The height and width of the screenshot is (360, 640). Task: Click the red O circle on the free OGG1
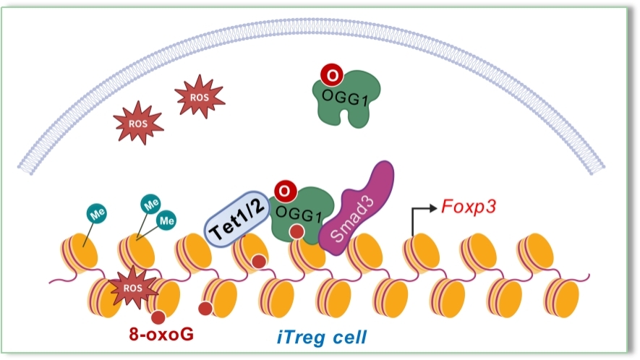330,75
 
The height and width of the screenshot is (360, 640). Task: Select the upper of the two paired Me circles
151,205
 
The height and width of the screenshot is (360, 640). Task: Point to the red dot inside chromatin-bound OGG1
296,233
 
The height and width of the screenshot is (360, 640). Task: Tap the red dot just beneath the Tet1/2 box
258,262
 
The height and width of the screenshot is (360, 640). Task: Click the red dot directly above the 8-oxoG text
158,316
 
